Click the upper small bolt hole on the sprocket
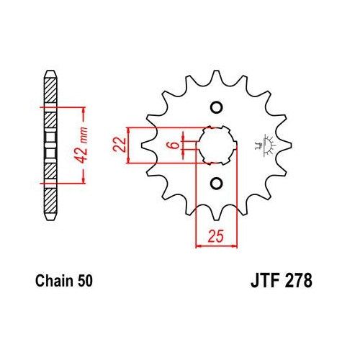tap(214, 109)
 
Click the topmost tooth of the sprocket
tap(215, 75)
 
